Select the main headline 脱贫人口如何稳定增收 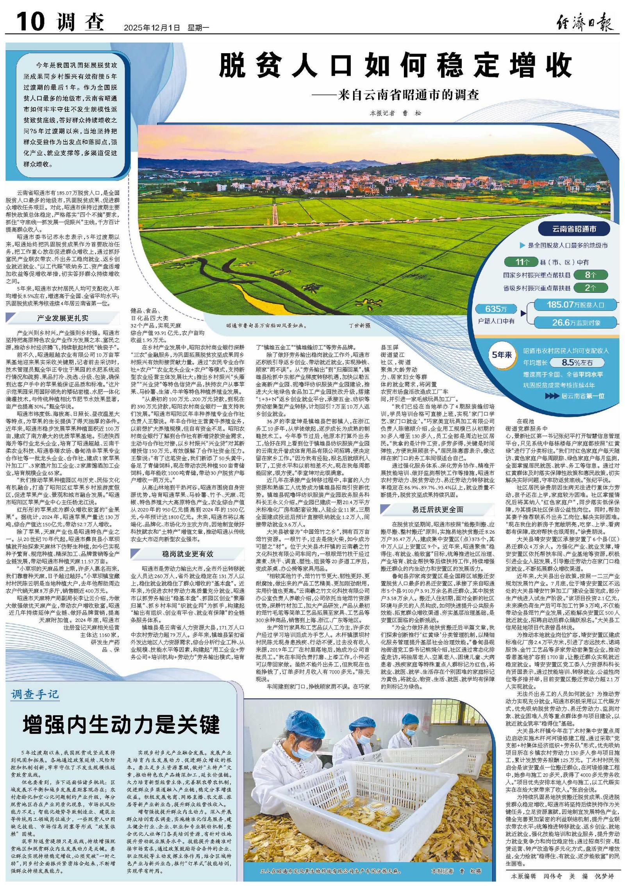[x=395, y=66]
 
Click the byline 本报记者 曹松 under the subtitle [x=396, y=113]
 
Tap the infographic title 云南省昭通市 [x=574, y=229]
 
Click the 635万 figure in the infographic [x=496, y=309]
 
